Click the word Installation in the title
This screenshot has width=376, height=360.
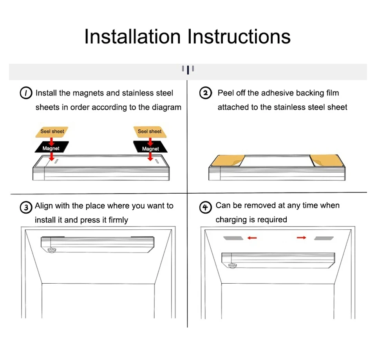tap(132, 36)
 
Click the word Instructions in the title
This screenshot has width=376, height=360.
tap(239, 36)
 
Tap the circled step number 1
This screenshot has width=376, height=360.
tap(26, 93)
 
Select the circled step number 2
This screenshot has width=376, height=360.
tap(206, 93)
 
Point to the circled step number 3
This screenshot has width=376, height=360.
tap(26, 207)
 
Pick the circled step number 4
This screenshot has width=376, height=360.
tap(206, 207)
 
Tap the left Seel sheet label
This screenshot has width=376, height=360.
tap(52, 132)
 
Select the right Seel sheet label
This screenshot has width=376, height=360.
tap(150, 132)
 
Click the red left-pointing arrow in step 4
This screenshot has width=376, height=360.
tap(252, 238)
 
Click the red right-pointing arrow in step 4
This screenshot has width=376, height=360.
tap(302, 238)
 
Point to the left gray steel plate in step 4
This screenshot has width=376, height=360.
tap(233, 238)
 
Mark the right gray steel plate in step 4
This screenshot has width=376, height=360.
tap(324, 238)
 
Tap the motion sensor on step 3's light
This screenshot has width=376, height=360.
tap(52, 250)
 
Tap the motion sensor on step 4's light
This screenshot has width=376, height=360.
tap(232, 266)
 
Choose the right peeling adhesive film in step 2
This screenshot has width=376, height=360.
tap(327, 160)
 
